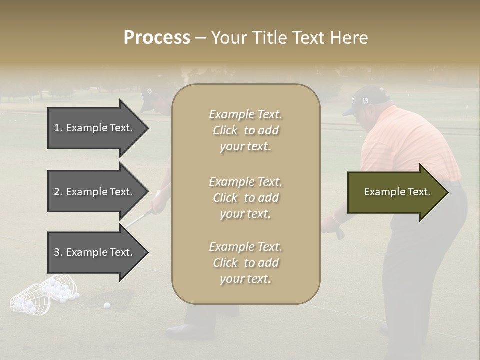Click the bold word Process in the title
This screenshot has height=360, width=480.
tap(157, 38)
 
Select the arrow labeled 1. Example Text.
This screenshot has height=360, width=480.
tap(95, 128)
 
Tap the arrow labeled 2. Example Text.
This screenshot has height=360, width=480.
tap(95, 192)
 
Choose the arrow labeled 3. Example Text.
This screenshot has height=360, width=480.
tap(95, 252)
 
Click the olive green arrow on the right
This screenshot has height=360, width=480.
tap(397, 192)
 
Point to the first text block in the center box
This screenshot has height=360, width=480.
tap(245, 130)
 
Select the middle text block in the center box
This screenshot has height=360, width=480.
tap(245, 197)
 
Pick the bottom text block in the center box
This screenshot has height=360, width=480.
tap(245, 262)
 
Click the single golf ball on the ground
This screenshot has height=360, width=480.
tap(106, 305)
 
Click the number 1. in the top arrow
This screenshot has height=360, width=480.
tap(58, 128)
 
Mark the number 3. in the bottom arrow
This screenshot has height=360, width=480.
tap(58, 252)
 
